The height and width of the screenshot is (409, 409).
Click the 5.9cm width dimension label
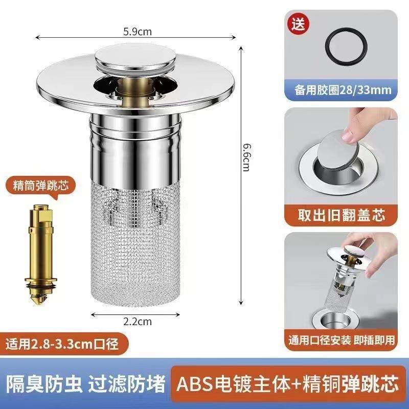click(137, 32)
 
